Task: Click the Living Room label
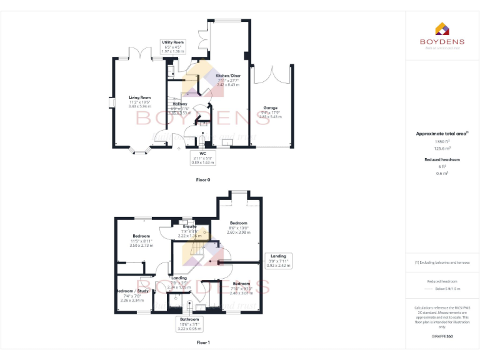click(140, 97)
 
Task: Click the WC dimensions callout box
click(202, 157)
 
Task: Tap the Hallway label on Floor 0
click(179, 104)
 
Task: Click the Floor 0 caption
click(203, 179)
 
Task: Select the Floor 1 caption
click(203, 342)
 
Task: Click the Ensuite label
click(189, 226)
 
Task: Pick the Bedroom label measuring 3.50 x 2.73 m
click(141, 236)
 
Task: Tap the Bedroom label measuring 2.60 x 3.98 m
click(238, 223)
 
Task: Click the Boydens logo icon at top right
click(442, 29)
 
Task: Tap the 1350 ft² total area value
click(442, 142)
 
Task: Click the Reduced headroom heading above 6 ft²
click(442, 159)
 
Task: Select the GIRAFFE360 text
click(442, 337)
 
